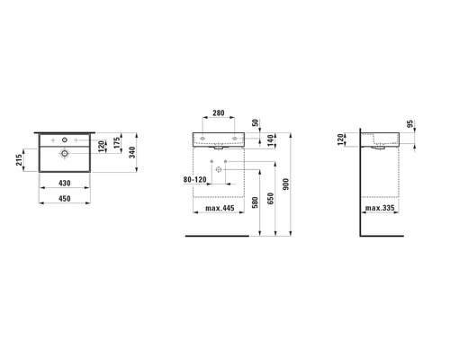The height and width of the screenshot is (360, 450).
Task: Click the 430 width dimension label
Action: [x=65, y=183]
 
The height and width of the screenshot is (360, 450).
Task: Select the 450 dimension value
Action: [x=65, y=198]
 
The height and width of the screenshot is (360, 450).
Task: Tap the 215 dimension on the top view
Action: [x=19, y=160]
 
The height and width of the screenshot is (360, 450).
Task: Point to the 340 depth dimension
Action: [x=132, y=152]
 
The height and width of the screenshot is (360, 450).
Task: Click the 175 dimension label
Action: [x=117, y=142]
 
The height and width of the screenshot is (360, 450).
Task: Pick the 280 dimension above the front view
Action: [x=219, y=113]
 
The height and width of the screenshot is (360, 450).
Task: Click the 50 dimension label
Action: [x=256, y=122]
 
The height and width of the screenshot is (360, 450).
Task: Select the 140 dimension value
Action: [x=271, y=140]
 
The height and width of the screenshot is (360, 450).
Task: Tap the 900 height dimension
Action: [x=286, y=184]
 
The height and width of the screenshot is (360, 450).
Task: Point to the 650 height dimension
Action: [x=270, y=199]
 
